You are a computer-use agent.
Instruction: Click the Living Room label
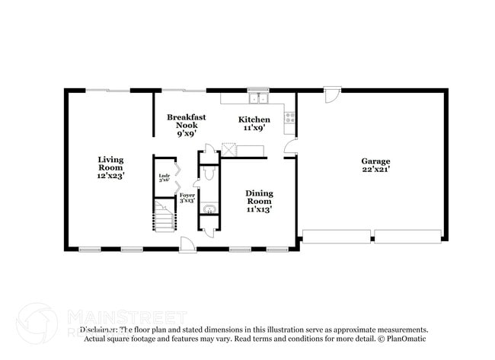click(110, 167)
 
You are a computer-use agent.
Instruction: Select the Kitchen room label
click(254, 123)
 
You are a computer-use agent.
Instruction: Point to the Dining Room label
click(259, 201)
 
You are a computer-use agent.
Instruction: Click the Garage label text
click(375, 165)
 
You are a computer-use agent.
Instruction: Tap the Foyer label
click(187, 198)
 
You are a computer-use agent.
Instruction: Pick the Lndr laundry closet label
click(164, 180)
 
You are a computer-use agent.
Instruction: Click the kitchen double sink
click(259, 97)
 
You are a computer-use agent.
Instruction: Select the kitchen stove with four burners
click(289, 118)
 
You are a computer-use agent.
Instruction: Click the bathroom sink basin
click(208, 207)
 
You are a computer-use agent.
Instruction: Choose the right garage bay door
click(407, 236)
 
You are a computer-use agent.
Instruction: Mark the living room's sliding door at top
click(107, 91)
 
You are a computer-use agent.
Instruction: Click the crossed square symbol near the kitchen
click(228, 150)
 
